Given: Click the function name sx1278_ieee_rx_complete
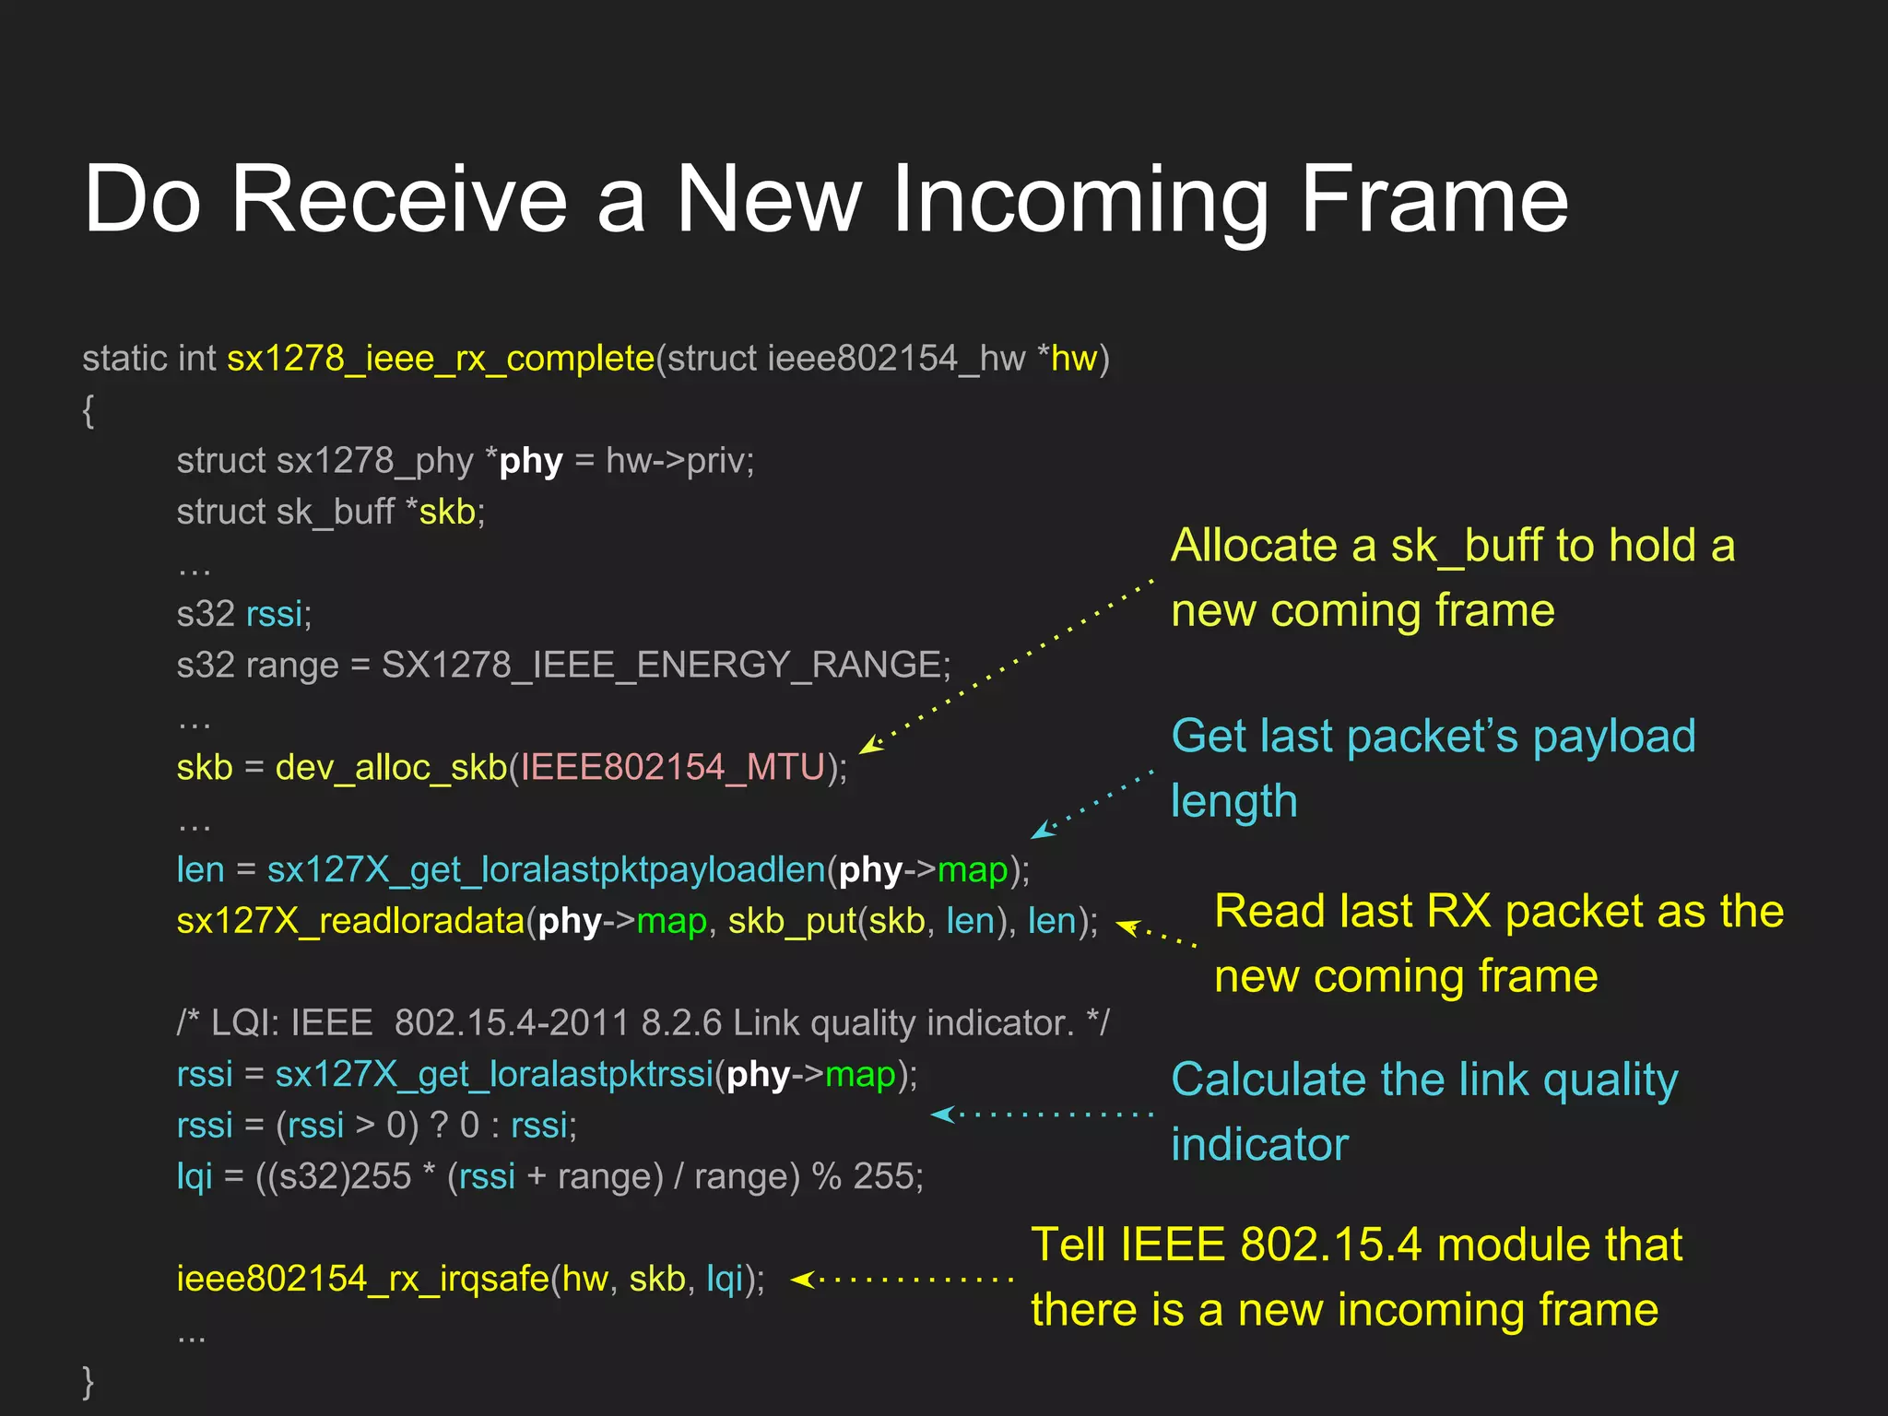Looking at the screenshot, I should point(441,359).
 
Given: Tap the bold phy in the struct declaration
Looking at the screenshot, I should point(531,461).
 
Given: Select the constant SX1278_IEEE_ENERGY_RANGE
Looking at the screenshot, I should point(661,665).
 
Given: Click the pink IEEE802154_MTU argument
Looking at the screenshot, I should point(672,767).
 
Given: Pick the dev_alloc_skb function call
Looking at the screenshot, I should point(391,767).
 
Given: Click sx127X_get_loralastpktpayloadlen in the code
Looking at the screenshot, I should point(546,869).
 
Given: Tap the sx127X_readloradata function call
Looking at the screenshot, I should point(350,921).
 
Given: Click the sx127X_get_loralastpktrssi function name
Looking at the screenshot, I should point(494,1075).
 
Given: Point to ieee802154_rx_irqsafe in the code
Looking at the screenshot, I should point(362,1279).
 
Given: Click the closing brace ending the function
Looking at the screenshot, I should point(88,1381).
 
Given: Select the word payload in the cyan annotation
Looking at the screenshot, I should point(1613,737).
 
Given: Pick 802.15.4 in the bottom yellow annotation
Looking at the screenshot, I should point(1330,1245).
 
